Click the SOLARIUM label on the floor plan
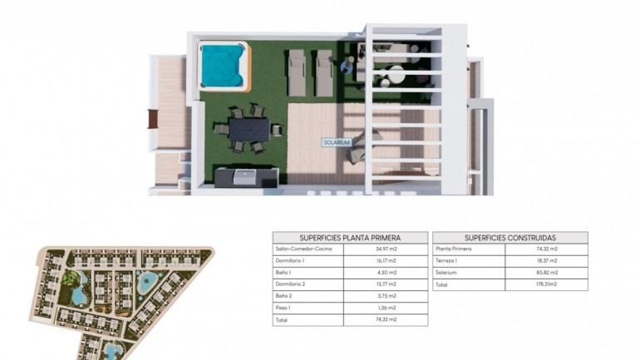click(x=337, y=142)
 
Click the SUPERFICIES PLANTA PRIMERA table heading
click(x=349, y=237)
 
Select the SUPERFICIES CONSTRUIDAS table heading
click(x=510, y=237)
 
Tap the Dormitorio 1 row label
click(x=290, y=260)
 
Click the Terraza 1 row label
click(x=448, y=260)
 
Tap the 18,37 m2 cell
click(x=547, y=260)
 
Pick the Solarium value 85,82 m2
click(x=547, y=272)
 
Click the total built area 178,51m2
click(x=547, y=284)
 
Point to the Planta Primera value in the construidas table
click(x=547, y=249)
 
